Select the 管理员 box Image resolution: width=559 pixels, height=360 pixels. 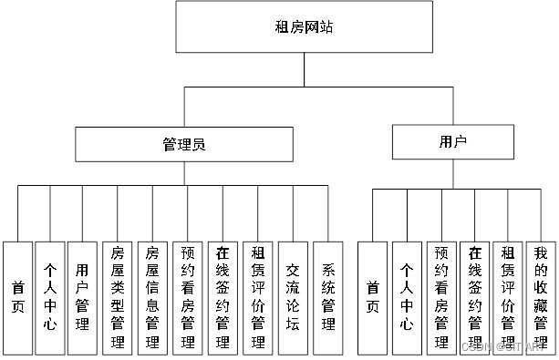pos(183,144)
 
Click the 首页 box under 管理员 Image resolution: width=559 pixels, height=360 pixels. pos(17,296)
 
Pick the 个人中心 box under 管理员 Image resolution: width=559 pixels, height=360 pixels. pos(51,296)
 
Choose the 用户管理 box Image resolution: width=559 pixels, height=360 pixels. pos(84,296)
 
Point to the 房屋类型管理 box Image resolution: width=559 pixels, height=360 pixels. pos(117,296)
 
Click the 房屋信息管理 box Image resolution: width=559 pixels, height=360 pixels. pos(151,296)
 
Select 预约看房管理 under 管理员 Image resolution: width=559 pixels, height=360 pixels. pos(186,296)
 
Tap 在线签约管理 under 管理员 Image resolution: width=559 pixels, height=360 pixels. pos(222,296)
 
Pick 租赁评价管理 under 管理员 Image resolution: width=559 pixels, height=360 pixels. pos(257,296)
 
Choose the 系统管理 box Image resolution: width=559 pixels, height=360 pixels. pos(327,296)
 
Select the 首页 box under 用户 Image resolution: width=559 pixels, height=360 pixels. pos(372,296)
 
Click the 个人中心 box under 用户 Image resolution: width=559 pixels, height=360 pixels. pos(407,296)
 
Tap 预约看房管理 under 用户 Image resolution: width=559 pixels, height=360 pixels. pos(441,296)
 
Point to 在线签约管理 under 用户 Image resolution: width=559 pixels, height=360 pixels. pos(474,296)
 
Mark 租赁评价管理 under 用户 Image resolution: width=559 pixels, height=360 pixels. pos(508,296)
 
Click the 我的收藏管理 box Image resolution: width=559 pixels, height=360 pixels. pos(541,296)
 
